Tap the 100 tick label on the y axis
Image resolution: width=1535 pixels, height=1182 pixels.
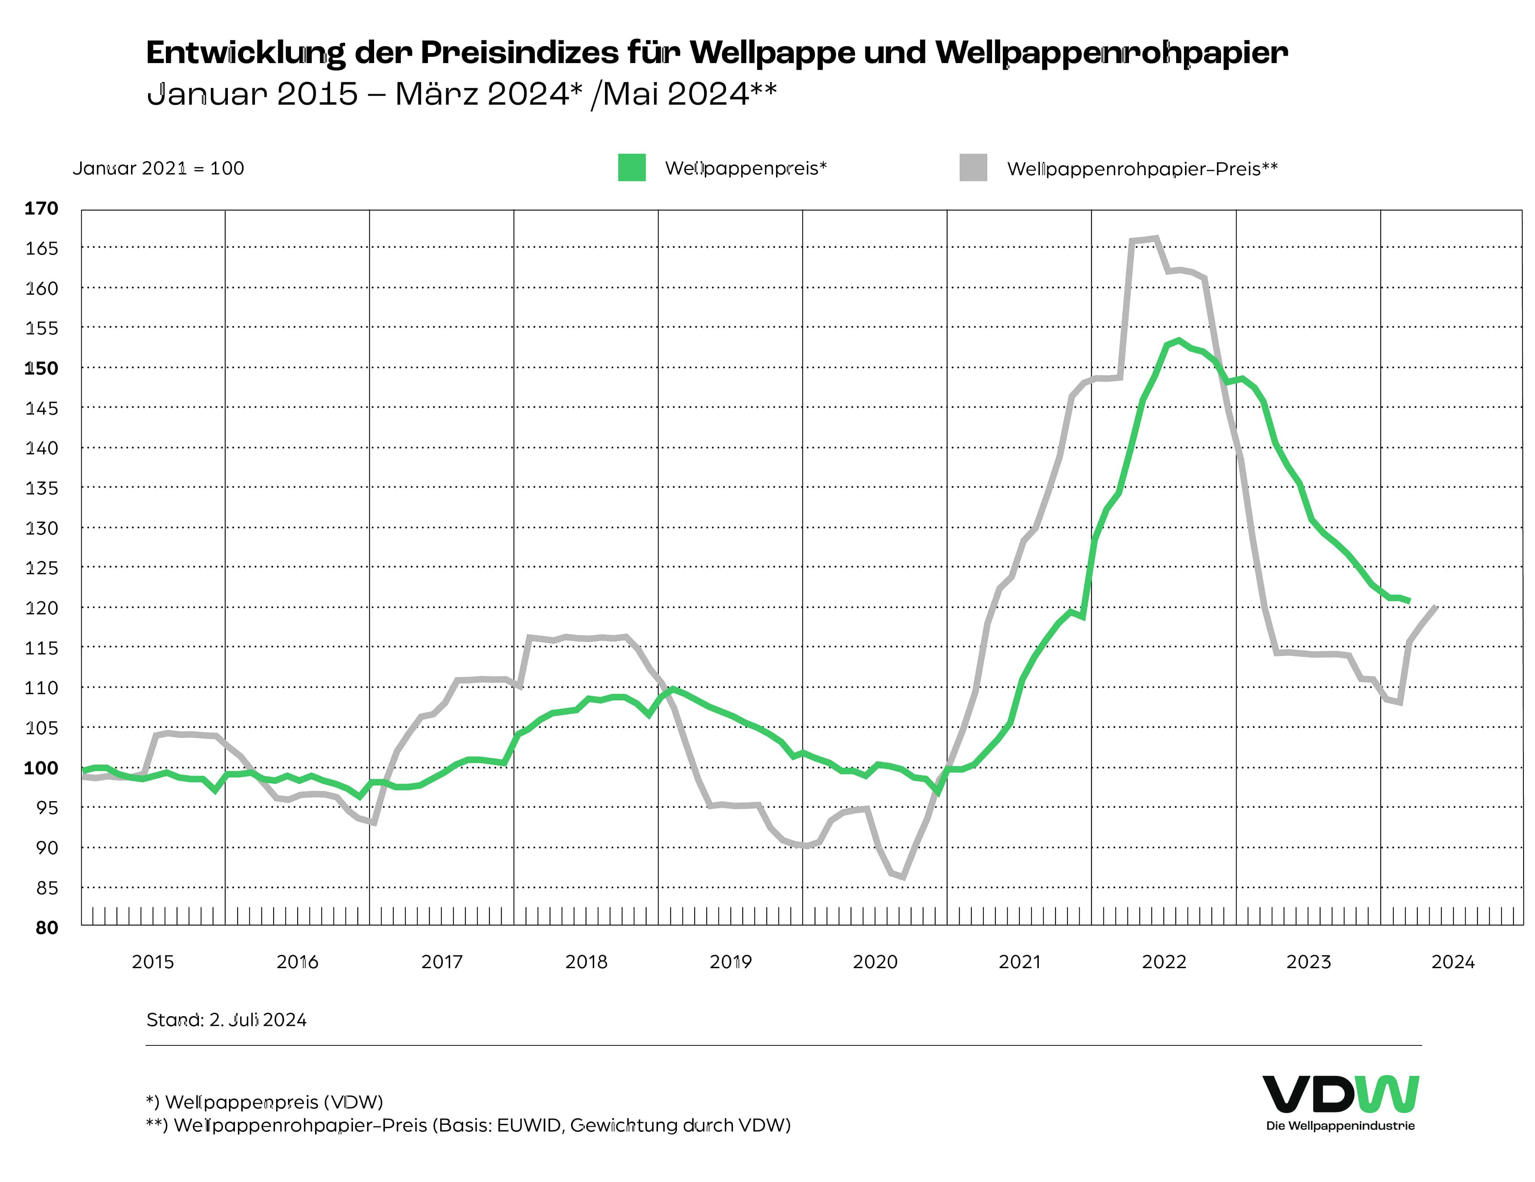[42, 768]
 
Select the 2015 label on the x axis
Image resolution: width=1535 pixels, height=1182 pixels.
[153, 962]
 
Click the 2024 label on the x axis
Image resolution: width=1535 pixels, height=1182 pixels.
[1453, 962]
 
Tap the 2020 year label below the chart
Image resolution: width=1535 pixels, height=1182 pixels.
[875, 962]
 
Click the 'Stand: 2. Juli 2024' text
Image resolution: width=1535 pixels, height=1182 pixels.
[226, 1020]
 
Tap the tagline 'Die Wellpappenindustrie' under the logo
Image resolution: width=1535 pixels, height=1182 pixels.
[1340, 1126]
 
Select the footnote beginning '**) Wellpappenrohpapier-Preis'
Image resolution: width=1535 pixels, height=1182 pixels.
[468, 1126]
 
